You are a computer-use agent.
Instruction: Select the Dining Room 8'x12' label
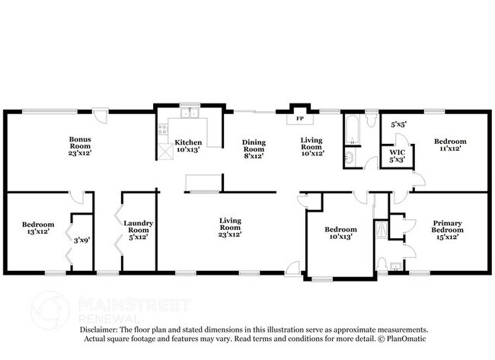coord(253,147)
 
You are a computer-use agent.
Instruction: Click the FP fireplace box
coord(299,119)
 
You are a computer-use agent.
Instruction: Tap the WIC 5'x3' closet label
coord(398,155)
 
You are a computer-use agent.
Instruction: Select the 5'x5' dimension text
coord(398,123)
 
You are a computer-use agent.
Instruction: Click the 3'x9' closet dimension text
coord(81,240)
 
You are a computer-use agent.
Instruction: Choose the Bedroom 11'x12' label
coord(449,145)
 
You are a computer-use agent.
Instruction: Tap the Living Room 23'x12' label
coord(230,227)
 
